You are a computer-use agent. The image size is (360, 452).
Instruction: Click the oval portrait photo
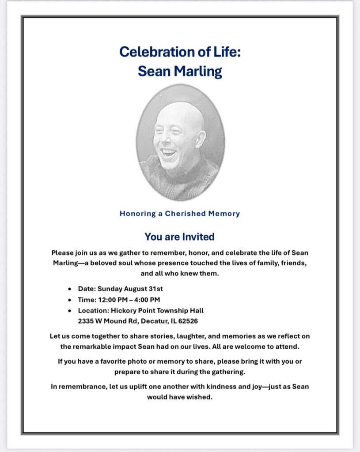[180, 142]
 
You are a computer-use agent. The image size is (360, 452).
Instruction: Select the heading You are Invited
[179, 237]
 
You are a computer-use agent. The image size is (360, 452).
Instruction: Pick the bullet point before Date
[70, 290]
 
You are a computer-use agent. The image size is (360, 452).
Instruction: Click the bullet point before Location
[70, 311]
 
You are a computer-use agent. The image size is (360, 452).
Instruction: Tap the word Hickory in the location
[124, 310]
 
